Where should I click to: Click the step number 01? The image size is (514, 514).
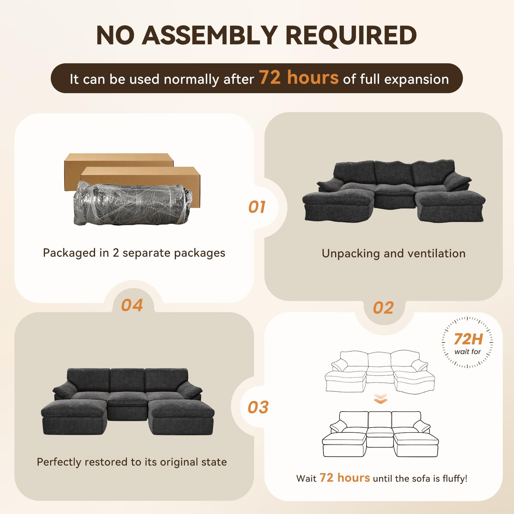pyautogui.click(x=257, y=207)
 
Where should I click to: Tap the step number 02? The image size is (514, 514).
pyautogui.click(x=383, y=308)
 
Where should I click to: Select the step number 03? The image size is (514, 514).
pyautogui.click(x=258, y=407)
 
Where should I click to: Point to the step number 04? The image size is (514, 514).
pyautogui.click(x=132, y=305)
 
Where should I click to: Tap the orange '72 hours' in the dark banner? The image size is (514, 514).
pyautogui.click(x=299, y=77)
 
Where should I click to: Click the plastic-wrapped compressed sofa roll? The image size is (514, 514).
pyautogui.click(x=133, y=203)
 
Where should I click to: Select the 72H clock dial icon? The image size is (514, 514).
pyautogui.click(x=467, y=342)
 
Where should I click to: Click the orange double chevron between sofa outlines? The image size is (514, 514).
pyautogui.click(x=381, y=399)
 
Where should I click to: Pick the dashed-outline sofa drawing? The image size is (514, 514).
pyautogui.click(x=380, y=372)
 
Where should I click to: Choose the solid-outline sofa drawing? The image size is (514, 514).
pyautogui.click(x=380, y=434)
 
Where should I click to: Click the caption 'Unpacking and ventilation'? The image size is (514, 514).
pyautogui.click(x=394, y=253)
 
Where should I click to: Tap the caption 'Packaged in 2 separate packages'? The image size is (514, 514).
pyautogui.click(x=134, y=253)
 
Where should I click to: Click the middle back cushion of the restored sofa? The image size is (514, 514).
pyautogui.click(x=128, y=380)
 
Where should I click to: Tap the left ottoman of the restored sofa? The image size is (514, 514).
pyautogui.click(x=74, y=417)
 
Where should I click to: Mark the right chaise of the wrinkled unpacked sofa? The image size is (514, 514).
pyautogui.click(x=450, y=206)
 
